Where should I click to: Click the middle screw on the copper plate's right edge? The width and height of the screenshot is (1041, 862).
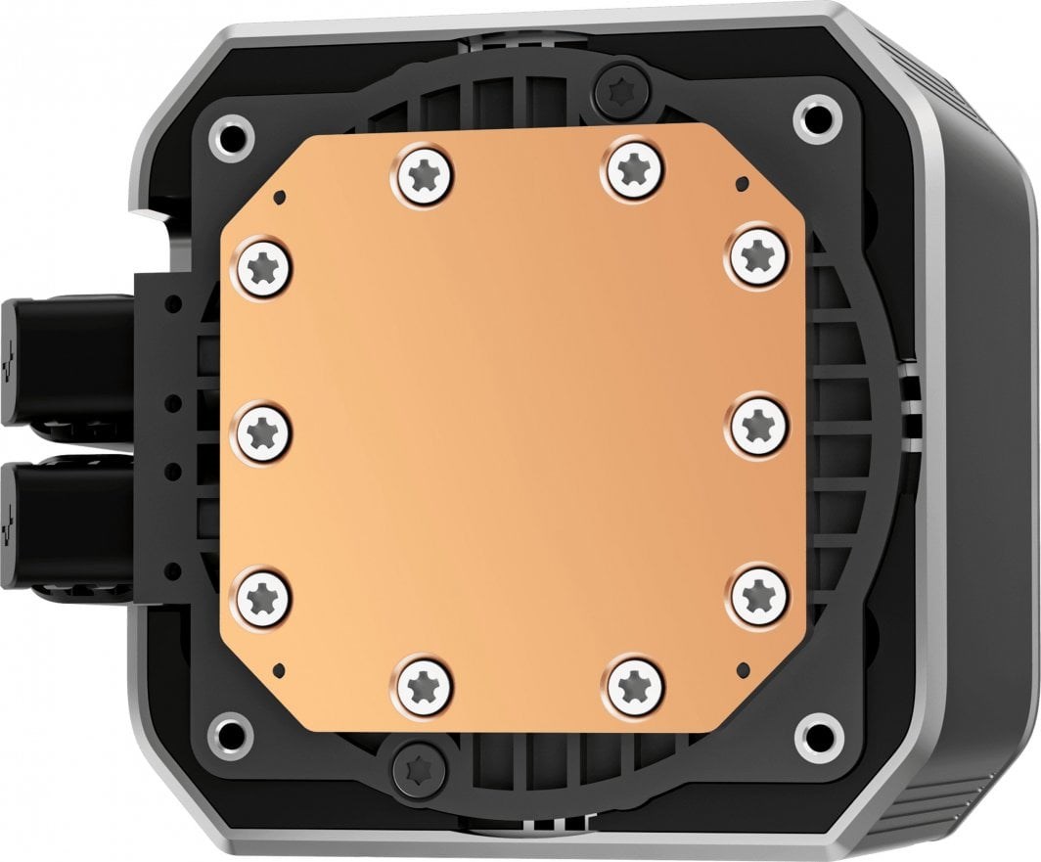point(759,424)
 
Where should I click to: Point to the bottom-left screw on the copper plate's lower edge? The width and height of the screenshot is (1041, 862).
point(424,683)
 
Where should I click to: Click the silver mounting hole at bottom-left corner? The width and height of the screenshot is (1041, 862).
point(233,730)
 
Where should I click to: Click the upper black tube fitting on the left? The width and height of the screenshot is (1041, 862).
point(59,361)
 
